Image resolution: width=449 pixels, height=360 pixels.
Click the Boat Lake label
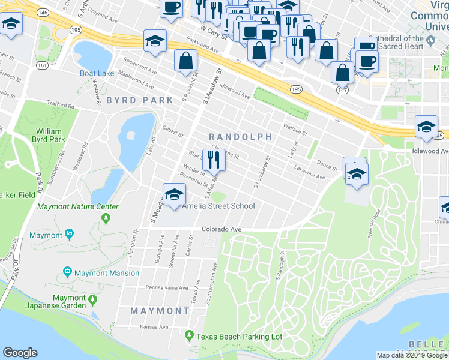(x=97, y=73)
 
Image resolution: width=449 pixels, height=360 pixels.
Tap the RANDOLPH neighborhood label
(x=240, y=137)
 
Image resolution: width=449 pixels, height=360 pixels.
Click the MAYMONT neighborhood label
(x=160, y=311)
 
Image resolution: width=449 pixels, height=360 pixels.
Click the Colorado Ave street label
(x=221, y=229)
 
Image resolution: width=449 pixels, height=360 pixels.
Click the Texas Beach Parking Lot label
(x=238, y=337)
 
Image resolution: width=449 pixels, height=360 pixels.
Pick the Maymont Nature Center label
(x=78, y=207)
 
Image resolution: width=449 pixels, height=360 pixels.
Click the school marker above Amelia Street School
(x=173, y=196)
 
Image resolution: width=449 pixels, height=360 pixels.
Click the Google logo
(x=20, y=353)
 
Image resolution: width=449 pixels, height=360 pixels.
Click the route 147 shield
(x=342, y=89)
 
